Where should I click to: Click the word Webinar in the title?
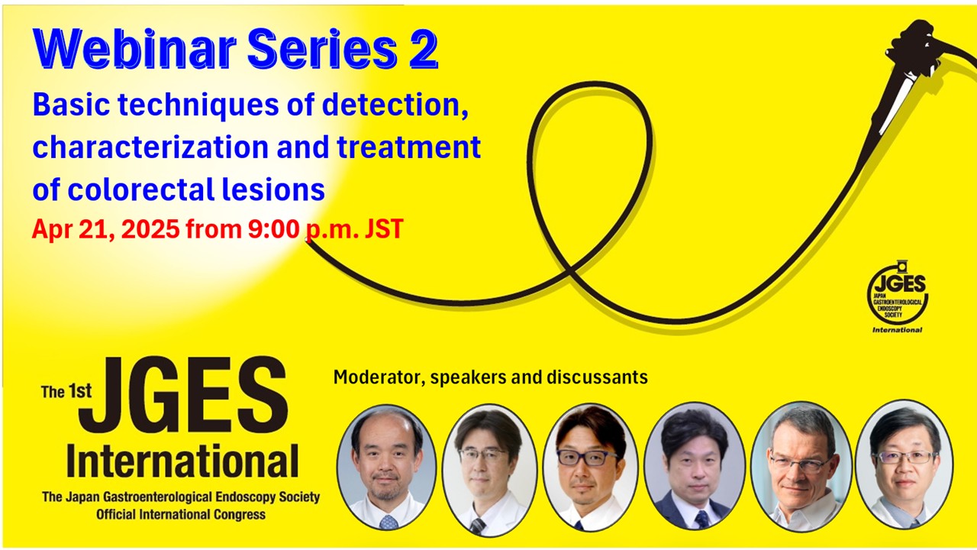pos(134,49)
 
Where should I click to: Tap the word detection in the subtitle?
pos(395,105)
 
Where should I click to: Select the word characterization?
pos(150,147)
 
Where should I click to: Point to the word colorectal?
pos(140,189)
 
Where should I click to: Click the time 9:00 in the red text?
pos(273,228)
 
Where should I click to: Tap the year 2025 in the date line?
pos(150,228)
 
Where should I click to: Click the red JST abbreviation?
pos(383,228)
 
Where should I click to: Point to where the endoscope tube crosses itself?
pos(569,270)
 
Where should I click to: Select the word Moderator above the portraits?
pos(379,377)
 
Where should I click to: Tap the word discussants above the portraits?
pos(597,377)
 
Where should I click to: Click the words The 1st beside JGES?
pos(66,391)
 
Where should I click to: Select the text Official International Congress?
pos(181,515)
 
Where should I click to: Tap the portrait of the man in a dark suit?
pos(695,467)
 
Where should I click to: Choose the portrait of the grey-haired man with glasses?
pos(801,467)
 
